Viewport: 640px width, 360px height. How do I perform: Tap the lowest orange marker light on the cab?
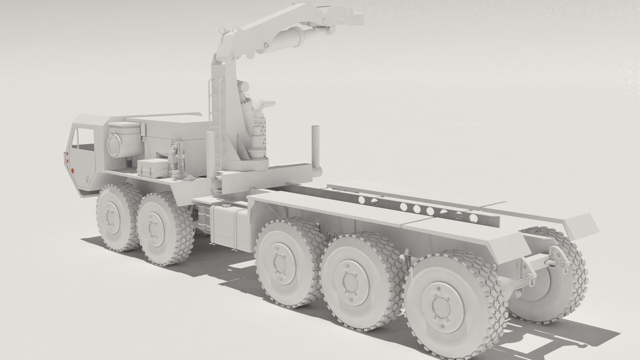coord(73,171)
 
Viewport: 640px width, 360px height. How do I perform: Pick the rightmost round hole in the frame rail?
coord(473,218)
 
